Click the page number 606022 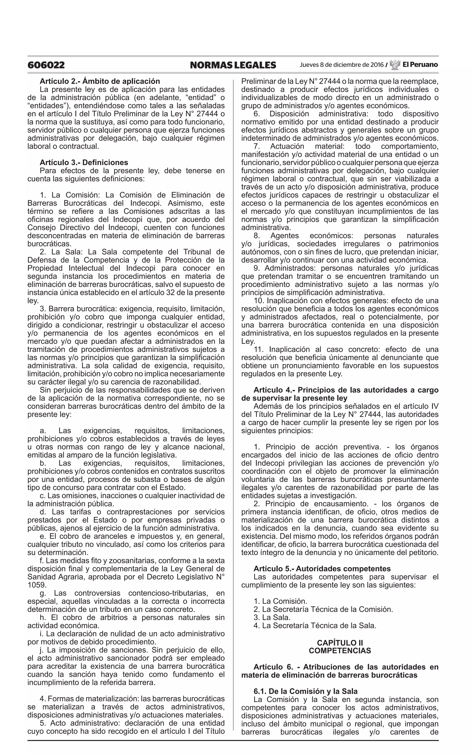46,65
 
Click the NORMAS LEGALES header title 233,65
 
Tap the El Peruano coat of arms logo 395,65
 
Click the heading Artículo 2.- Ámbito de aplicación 100,81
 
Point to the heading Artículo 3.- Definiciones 84,163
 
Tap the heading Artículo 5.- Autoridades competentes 322,569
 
